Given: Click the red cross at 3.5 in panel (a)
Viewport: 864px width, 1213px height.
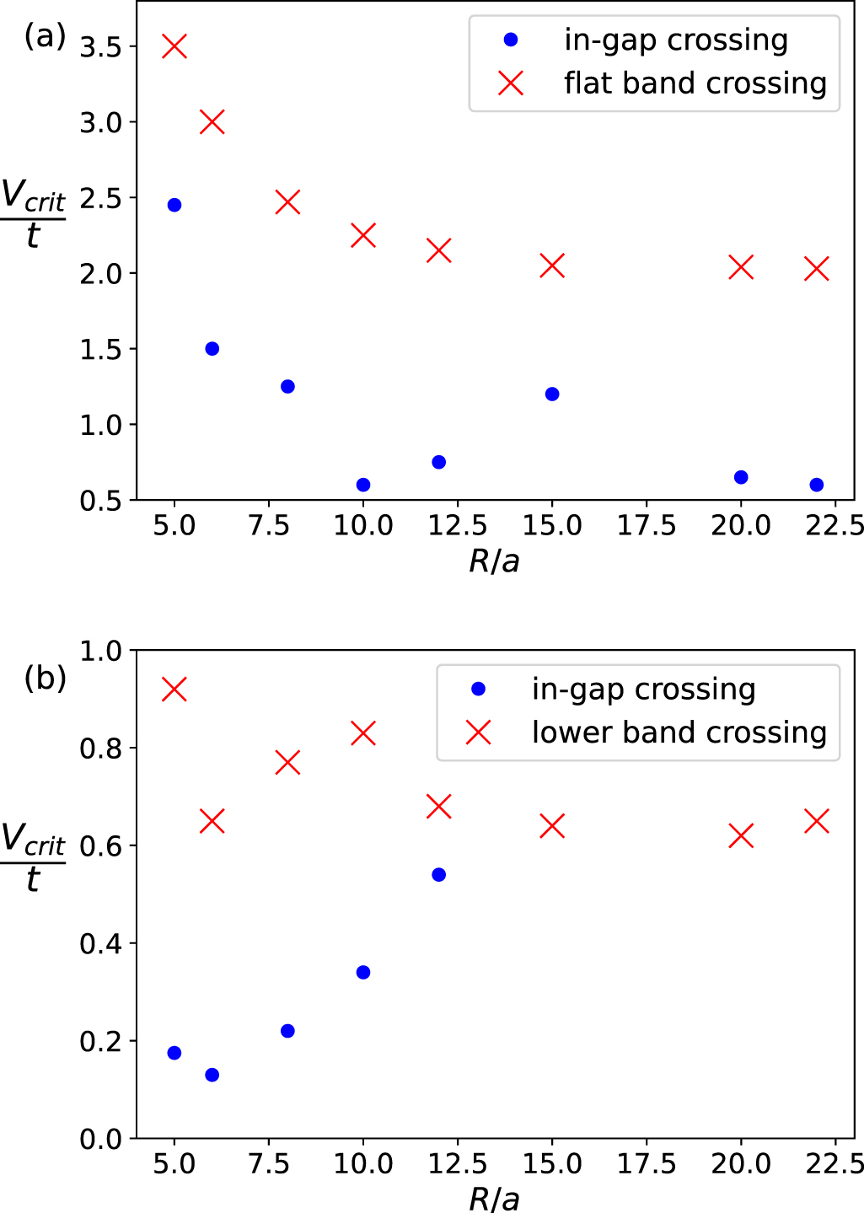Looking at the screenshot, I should (174, 46).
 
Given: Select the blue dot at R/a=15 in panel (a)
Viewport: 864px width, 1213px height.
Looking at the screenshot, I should (552, 394).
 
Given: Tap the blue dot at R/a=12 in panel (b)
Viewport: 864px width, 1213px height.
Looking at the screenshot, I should (438, 875).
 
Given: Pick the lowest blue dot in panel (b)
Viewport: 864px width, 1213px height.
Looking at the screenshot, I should (212, 1075).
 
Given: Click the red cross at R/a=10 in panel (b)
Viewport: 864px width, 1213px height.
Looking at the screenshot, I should (363, 733).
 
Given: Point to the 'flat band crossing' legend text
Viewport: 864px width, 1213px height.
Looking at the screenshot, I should (695, 83).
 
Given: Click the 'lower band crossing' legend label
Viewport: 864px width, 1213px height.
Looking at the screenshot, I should (679, 733).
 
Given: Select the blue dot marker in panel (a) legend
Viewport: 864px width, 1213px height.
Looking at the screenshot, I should (511, 40).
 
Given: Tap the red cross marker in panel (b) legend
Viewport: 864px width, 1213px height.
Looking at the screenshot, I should (479, 733).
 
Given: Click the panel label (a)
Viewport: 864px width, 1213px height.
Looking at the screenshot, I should (45, 36).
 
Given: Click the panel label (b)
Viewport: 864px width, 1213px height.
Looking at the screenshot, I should (45, 678).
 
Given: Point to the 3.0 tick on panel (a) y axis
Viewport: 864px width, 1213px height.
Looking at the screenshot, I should (101, 122).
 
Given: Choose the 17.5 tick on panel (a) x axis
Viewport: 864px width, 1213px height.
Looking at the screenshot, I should (647, 526).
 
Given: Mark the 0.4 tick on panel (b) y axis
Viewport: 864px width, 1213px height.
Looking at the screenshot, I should (101, 943).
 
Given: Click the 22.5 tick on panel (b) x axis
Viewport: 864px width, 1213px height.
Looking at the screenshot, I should (834, 1164).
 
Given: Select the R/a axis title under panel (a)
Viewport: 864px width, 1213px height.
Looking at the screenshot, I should (495, 561).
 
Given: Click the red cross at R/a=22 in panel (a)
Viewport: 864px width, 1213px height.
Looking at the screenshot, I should (816, 269).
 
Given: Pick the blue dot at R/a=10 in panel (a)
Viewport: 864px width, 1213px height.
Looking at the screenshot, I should (363, 485).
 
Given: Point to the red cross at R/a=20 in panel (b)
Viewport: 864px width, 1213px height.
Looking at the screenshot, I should (741, 836).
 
